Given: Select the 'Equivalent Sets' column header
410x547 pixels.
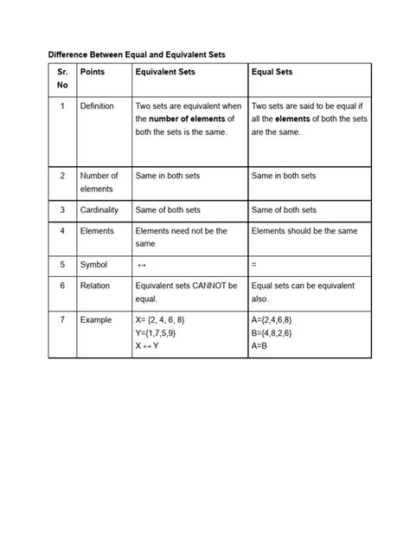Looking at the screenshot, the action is pyautogui.click(x=167, y=72).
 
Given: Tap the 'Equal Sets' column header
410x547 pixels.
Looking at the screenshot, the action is pyautogui.click(x=272, y=72).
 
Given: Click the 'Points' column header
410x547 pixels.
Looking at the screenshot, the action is pyautogui.click(x=92, y=72).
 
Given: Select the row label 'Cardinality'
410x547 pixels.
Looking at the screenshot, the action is pyautogui.click(x=99, y=209).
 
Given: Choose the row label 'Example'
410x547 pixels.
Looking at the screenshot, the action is pyautogui.click(x=95, y=320).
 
